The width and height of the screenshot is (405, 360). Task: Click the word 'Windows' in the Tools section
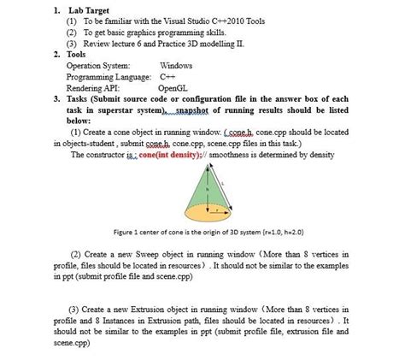pyautogui.click(x=176, y=65)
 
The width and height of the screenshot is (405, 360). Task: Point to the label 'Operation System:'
pyautogui.click(x=99, y=65)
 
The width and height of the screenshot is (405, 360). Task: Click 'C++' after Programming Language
pyautogui.click(x=171, y=76)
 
